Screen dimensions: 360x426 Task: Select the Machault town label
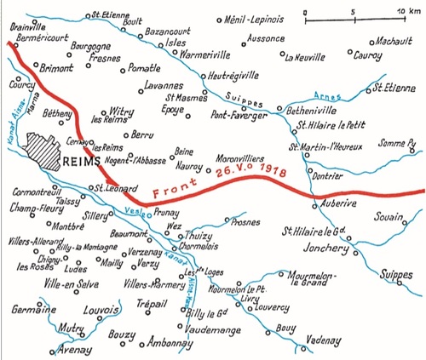coord(391,41)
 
